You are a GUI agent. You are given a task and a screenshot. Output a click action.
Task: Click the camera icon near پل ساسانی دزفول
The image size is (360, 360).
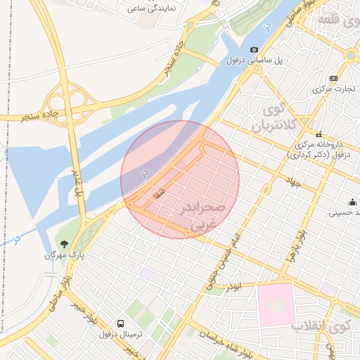pyautogui.click(x=254, y=50)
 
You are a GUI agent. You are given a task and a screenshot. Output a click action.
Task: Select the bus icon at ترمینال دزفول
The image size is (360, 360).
pyautogui.click(x=121, y=324)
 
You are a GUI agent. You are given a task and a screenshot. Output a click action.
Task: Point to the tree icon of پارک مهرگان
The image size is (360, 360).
pyautogui.click(x=64, y=244)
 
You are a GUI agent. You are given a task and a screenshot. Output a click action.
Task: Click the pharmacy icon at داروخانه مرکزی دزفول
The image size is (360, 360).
pyautogui.click(x=319, y=134)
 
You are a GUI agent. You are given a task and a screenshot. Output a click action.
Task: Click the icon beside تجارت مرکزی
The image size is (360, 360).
pyautogui.click(x=333, y=78)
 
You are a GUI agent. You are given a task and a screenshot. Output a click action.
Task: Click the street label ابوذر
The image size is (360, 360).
pyautogui.click(x=233, y=287)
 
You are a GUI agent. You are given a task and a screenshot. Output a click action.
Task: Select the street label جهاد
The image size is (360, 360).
pyautogui.click(x=292, y=181)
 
